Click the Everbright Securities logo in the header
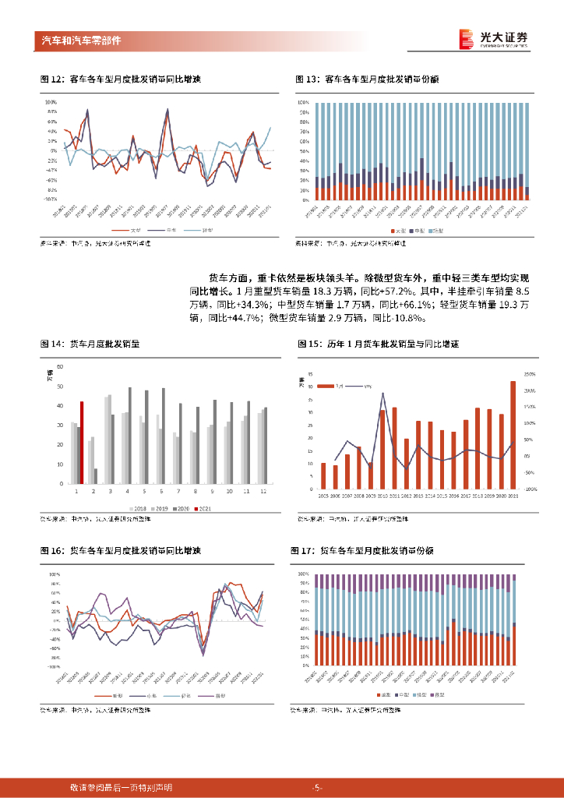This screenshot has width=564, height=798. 493,39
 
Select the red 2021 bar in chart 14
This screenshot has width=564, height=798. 82,443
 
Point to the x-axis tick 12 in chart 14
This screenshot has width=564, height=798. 263,492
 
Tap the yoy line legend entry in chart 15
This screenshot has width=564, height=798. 362,386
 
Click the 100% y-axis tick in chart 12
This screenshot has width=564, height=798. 51,102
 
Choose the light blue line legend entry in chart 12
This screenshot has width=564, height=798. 206,231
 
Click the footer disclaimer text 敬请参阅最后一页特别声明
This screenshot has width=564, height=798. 121,788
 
